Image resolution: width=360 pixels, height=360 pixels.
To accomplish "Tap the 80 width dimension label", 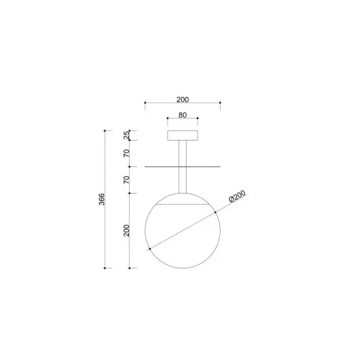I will pos(183,115).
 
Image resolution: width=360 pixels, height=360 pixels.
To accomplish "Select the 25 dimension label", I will pos(126,135).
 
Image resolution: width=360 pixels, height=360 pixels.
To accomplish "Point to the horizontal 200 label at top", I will pos(183,99).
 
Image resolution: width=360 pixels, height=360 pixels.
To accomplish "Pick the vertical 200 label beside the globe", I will pos(126,231).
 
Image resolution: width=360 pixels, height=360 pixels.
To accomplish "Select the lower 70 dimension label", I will pos(126,179).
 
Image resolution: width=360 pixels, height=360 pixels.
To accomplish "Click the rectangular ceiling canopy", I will pos(183,135).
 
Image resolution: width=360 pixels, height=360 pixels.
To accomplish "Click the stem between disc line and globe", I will pos(183,180).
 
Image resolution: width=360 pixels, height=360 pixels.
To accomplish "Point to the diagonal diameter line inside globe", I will pos(183,230).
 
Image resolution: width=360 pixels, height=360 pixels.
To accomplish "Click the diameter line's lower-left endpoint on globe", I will pos(150,249).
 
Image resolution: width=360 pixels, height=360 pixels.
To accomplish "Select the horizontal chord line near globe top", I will pos(183,205).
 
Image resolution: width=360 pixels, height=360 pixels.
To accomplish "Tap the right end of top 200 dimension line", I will pos(221,103).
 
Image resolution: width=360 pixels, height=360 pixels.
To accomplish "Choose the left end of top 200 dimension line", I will pos(145,103).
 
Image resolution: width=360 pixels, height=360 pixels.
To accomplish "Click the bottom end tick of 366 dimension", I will pos(105,268).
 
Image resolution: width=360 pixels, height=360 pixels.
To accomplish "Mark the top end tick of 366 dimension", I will pos(105,131).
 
